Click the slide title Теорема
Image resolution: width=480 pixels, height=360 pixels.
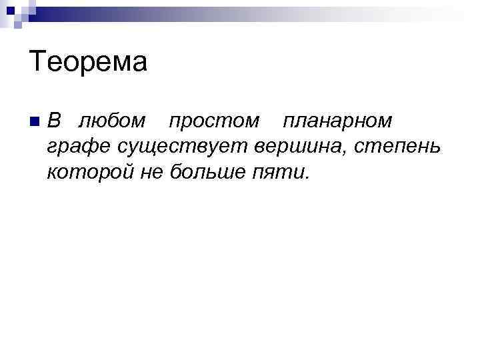pyautogui.click(x=88, y=63)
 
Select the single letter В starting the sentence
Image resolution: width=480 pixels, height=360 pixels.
pyautogui.click(x=55, y=121)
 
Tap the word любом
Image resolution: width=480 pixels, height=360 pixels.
pyautogui.click(x=111, y=121)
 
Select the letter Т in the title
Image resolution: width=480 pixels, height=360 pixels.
pyautogui.click(x=37, y=63)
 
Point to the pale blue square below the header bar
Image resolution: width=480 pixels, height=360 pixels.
pyautogui.click(x=18, y=25)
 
